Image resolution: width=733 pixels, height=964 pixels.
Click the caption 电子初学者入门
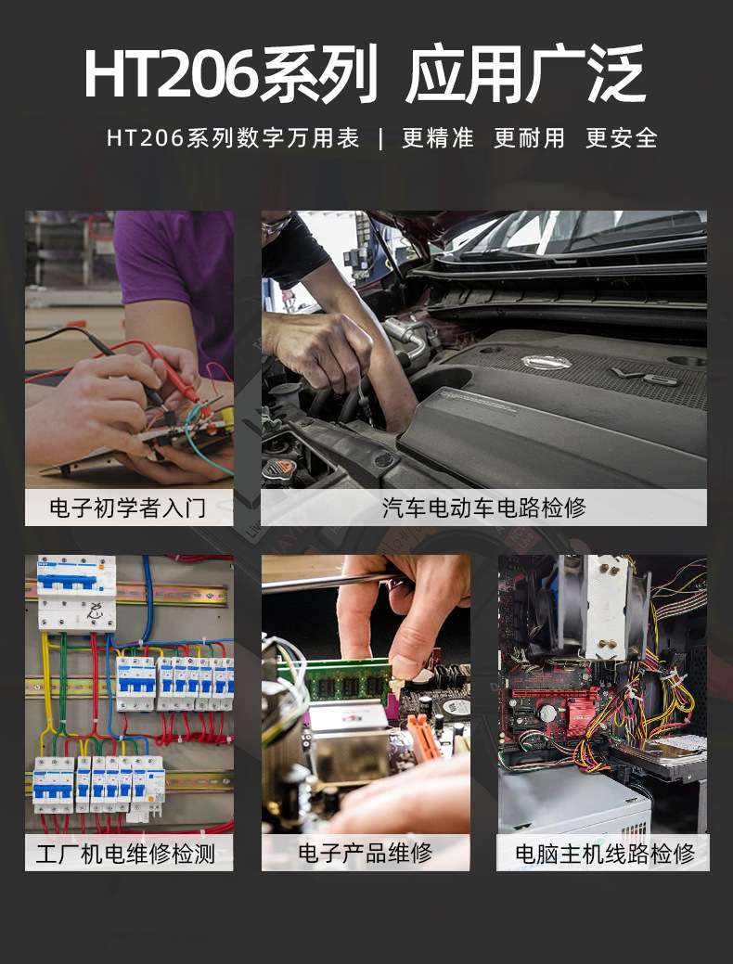pos(127,508)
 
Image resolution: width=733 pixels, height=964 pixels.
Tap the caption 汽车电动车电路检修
pos(484,508)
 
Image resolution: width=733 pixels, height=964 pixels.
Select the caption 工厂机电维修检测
pos(125,854)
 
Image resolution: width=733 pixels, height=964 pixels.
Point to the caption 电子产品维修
pos(366,854)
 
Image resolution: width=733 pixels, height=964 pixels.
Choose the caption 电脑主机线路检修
pos(605,854)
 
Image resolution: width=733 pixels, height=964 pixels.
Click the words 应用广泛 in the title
pos(526,74)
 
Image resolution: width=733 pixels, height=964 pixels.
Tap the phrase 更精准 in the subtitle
pos(438,137)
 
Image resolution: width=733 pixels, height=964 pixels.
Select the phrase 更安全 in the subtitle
pos(622,137)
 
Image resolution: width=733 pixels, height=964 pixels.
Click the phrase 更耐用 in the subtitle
pos(530,137)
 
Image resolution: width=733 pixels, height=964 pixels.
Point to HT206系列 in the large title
pos(231,74)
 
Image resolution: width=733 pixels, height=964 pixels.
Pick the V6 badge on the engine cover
pos(645,376)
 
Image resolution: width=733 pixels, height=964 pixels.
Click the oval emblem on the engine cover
pos(547,362)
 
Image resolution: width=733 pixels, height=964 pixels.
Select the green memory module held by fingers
pos(348,679)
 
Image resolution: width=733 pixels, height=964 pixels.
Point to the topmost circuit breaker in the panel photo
pos(77,593)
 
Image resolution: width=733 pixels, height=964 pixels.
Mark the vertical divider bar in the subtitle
pos(381,138)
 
